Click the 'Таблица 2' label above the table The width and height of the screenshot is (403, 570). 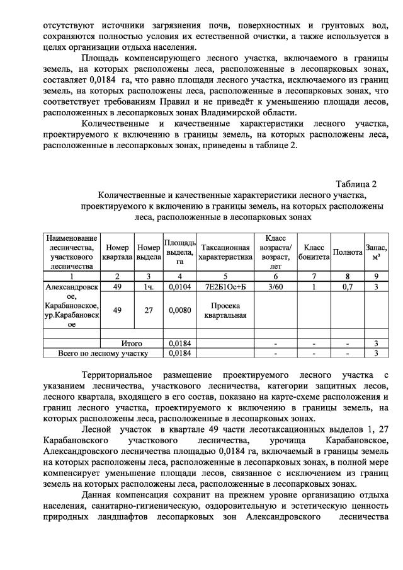point(356,184)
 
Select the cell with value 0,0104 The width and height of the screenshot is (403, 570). point(179,287)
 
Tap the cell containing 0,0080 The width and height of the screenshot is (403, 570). point(179,310)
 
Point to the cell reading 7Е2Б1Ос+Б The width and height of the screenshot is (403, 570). point(225,287)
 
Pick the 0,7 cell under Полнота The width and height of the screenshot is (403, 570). point(347,287)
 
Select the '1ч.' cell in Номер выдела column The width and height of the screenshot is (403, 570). point(149,287)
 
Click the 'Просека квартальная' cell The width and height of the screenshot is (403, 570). point(225,310)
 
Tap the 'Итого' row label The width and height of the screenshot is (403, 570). point(132,344)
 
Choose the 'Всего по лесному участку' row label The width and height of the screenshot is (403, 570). point(102,353)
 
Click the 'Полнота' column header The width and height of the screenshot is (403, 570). point(347,252)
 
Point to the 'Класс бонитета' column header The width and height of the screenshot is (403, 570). point(314,252)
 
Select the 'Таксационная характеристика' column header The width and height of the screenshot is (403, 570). point(225,252)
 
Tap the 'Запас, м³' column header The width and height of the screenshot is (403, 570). point(376,252)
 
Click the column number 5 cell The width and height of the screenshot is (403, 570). point(225,276)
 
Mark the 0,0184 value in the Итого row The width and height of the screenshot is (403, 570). point(179,344)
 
